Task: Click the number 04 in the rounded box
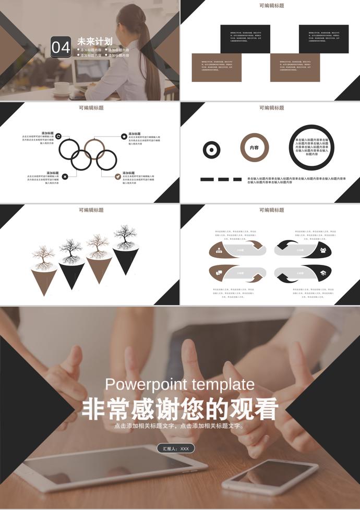pos(61,47)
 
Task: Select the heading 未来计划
pos(94,41)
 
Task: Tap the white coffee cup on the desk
pos(62,87)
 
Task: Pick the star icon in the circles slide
pos(124,136)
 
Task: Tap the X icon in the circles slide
pos(65,177)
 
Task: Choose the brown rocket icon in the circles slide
pos(118,177)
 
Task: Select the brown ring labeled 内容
pos(254,148)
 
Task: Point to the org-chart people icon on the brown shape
pos(219,250)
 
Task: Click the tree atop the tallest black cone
pos(125,237)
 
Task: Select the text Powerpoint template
pos(180,385)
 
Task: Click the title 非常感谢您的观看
pos(180,409)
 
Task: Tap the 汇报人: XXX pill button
pos(175,448)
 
